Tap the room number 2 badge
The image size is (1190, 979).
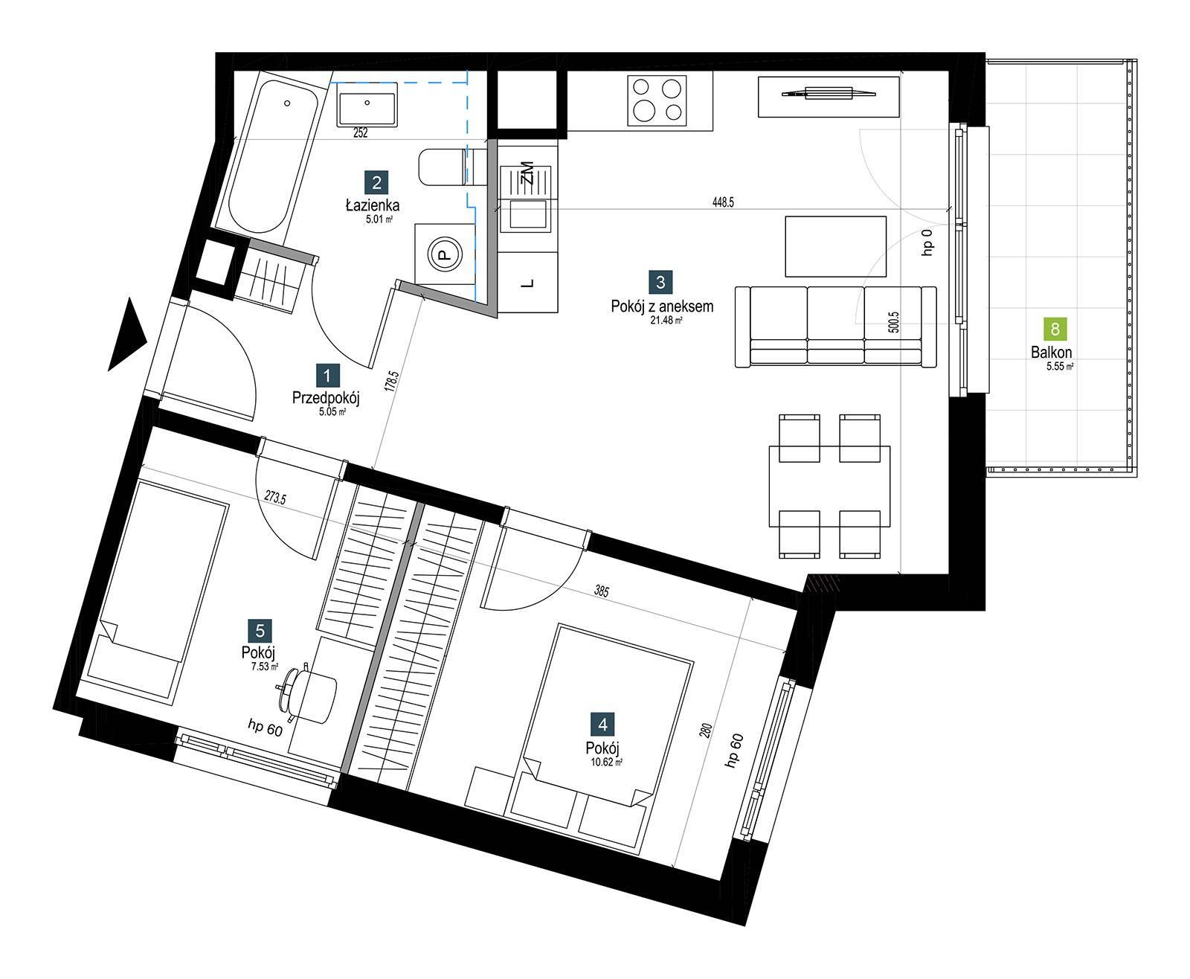376,182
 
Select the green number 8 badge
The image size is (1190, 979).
1055,329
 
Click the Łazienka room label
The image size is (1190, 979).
373,205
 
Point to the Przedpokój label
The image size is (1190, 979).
326,398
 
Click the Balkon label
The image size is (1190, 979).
1051,352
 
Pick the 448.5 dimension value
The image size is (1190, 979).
723,202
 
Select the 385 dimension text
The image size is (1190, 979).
602,591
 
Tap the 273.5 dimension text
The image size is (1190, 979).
275,497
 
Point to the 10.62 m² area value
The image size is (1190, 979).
606,763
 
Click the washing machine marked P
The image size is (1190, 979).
446,254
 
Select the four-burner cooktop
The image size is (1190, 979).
657,100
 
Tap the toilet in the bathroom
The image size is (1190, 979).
452,167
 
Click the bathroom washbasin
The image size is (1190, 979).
367,104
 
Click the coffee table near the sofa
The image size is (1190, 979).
836,246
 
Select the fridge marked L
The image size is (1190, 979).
528,282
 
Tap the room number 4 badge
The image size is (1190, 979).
602,725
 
